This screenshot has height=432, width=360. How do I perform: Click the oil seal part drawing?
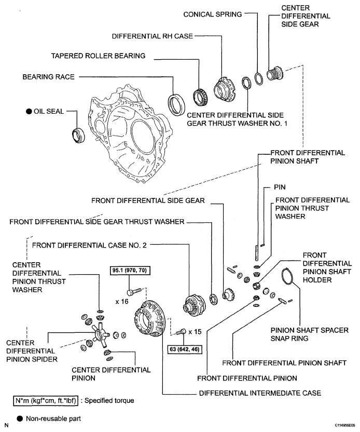click(x=78, y=136)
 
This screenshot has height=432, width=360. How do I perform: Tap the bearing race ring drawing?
click(x=176, y=104)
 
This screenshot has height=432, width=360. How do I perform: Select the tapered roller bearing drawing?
click(x=201, y=98)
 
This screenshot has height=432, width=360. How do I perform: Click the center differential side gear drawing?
click(x=275, y=74)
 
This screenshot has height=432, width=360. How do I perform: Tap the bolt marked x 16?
click(x=134, y=291)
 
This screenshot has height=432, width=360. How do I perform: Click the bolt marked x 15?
click(x=181, y=332)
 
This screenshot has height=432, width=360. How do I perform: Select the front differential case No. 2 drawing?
click(x=194, y=305)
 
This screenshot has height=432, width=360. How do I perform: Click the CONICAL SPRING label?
click(x=213, y=15)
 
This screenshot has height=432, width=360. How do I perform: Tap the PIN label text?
click(x=280, y=187)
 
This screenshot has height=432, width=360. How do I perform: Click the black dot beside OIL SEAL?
click(x=29, y=112)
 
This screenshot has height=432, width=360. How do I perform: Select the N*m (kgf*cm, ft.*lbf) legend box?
click(x=46, y=401)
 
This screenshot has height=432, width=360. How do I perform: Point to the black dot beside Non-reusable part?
click(x=20, y=419)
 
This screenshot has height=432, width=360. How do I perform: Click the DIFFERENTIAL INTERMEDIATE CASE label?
click(x=260, y=393)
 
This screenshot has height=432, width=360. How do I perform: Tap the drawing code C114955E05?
click(x=345, y=425)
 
